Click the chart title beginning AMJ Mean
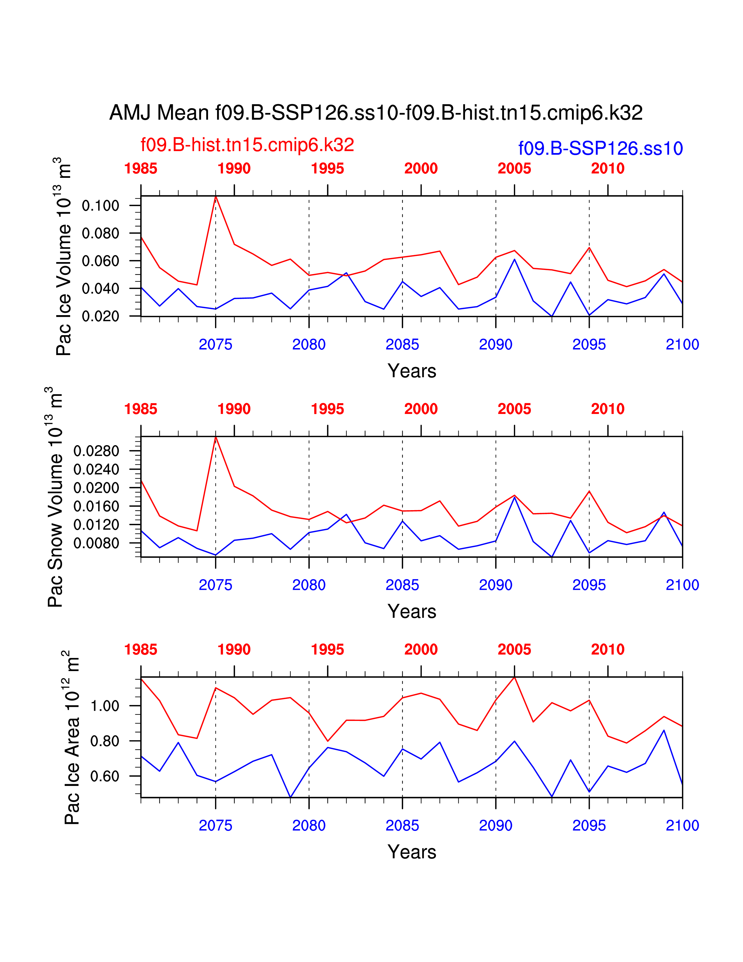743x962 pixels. click(376, 113)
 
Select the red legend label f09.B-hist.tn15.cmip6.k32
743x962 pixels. click(247, 145)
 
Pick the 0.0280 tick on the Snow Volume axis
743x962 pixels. click(96, 451)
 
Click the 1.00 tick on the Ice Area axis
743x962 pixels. click(105, 706)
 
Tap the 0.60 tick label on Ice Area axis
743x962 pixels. click(105, 776)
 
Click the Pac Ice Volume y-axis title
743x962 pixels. click(64, 257)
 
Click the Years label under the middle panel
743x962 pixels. click(411, 611)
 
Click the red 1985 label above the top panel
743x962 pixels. click(141, 168)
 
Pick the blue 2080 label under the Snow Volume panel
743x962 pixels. click(309, 585)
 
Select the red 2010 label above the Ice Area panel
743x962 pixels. click(608, 649)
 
